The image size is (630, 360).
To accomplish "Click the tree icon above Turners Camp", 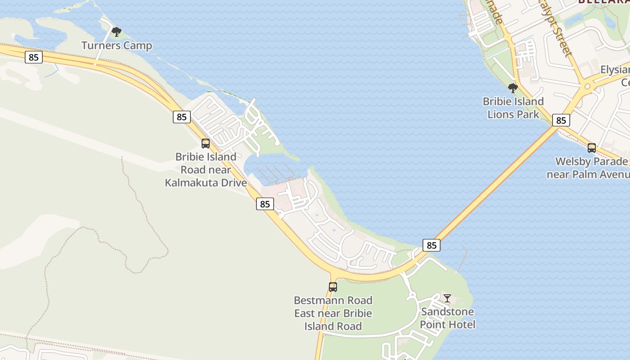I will [117, 32].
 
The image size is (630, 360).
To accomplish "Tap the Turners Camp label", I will [117, 45].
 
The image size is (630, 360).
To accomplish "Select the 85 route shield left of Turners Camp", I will [34, 57].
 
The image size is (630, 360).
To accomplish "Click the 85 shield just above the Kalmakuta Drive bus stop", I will [181, 117].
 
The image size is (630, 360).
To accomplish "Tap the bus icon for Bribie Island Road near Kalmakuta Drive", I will [206, 144].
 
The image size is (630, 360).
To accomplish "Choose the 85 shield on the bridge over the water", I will [431, 245].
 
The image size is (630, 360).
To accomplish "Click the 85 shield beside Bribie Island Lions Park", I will [561, 120].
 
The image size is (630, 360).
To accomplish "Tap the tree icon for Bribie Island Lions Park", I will [513, 88].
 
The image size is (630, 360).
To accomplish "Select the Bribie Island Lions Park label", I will [513, 108].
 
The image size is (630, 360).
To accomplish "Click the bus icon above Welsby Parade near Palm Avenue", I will [592, 148].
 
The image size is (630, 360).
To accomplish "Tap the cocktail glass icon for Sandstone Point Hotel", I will [447, 298].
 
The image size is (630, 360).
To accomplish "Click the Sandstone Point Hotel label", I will [447, 318].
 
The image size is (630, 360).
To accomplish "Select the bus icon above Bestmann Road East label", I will [333, 287].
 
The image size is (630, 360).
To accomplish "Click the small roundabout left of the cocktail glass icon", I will [412, 296].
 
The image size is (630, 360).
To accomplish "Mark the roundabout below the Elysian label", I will [587, 86].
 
